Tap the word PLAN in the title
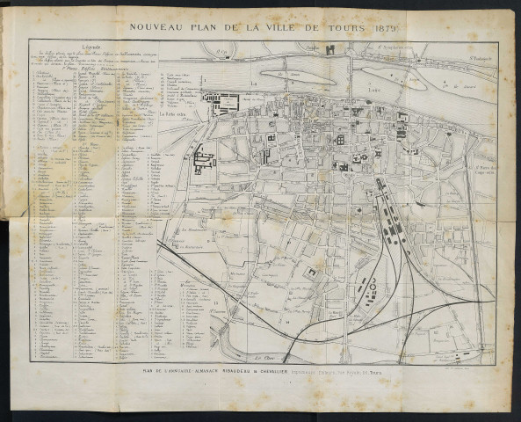point(207,27)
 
